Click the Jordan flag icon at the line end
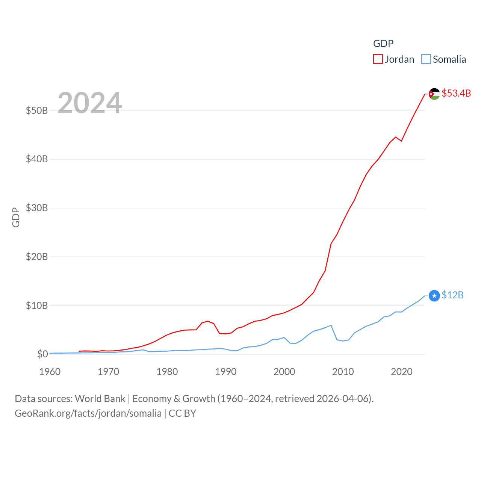point(434,94)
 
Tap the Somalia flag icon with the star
point(434,296)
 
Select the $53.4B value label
point(456,93)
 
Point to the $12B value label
point(452,295)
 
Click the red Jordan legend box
point(378,59)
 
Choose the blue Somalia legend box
point(426,59)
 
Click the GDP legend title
point(383,44)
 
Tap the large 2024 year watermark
point(89,103)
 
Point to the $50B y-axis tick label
point(37,110)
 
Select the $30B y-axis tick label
point(37,208)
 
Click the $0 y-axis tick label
point(42,354)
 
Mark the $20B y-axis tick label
point(37,257)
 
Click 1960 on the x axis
point(50,372)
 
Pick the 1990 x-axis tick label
point(226,372)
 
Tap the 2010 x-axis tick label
point(343,372)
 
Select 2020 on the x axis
point(402,372)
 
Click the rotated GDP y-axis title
point(16,217)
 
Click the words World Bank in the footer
point(100,398)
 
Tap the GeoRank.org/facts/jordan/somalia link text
point(88,413)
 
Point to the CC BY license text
point(182,413)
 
